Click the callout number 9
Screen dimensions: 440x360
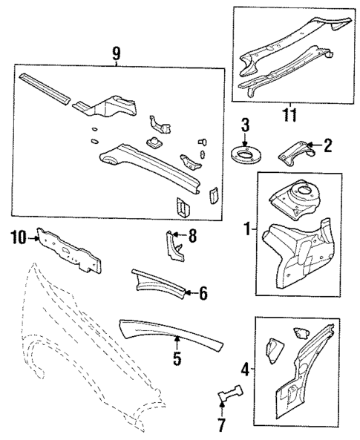[x=117, y=54]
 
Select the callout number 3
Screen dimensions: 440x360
[x=244, y=126]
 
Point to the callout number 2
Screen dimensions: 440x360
[x=328, y=147]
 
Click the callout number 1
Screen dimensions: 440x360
[x=246, y=230]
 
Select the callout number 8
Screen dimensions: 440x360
[x=193, y=237]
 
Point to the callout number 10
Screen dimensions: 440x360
[x=18, y=237]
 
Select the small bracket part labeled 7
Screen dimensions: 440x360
[x=229, y=394]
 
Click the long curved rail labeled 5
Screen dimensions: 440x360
[x=171, y=332]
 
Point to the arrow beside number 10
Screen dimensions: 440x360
[x=33, y=237]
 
